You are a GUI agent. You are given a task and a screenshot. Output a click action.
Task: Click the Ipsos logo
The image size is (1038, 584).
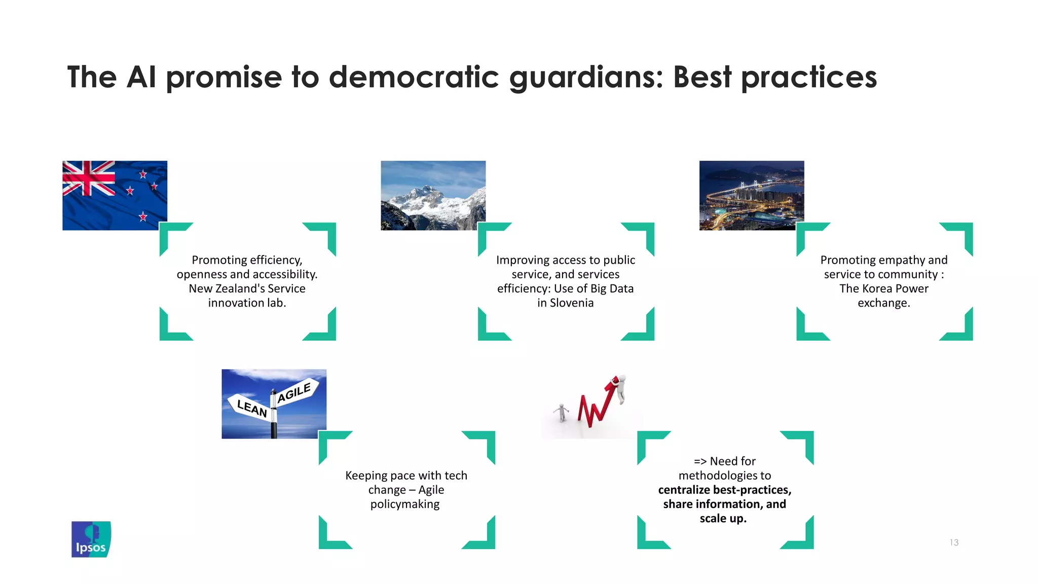[91, 539]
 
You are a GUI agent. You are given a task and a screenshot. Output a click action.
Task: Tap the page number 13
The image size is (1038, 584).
[954, 542]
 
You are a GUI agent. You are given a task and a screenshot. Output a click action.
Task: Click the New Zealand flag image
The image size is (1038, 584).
[115, 196]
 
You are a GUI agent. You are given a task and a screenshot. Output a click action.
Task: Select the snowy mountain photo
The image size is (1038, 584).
[433, 196]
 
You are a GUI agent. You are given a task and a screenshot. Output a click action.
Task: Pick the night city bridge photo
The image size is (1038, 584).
[751, 196]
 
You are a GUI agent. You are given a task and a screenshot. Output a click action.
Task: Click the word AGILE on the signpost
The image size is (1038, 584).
[294, 392]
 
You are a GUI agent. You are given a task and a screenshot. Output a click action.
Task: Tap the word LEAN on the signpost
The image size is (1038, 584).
[252, 408]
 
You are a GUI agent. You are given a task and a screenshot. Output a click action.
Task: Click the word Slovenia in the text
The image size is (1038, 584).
[572, 303]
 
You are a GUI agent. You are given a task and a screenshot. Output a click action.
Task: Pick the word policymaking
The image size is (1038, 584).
[405, 504]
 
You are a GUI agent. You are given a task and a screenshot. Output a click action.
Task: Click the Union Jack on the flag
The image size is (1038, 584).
[89, 178]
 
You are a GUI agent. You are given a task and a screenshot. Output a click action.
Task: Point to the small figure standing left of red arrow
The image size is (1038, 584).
[561, 413]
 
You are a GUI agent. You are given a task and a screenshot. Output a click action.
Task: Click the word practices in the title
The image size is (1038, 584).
[809, 78]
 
